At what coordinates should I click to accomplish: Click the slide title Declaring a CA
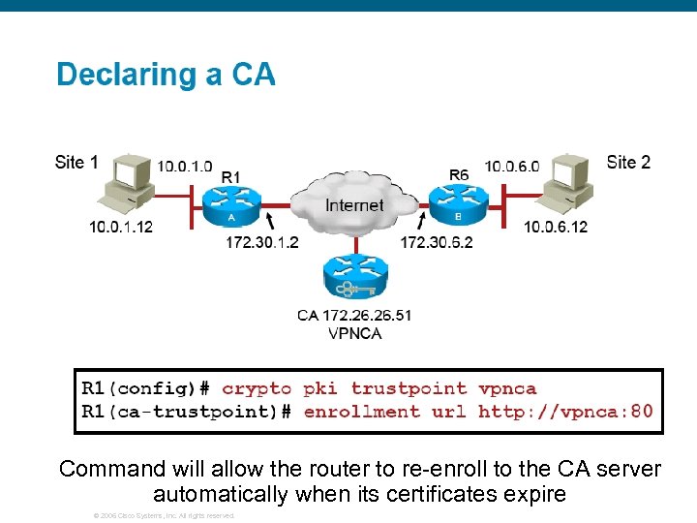coord(166,75)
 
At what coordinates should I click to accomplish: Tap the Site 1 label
coord(76,162)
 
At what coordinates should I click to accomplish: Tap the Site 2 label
coord(628,162)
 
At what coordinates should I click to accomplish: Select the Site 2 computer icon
coord(567,183)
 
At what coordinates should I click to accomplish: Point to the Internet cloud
coord(353,204)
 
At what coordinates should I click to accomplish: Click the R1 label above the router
coord(231,176)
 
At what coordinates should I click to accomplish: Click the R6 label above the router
coord(459,174)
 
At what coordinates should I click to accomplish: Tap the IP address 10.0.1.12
coord(121,227)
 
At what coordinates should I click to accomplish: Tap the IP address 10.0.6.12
coord(556,227)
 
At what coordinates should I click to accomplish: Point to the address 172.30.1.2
coord(262,242)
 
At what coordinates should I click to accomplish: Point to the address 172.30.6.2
coord(437,242)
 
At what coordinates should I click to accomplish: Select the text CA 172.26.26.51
coord(354,315)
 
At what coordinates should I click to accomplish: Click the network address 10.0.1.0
coord(185,166)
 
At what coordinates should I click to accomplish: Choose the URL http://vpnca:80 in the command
coord(565,412)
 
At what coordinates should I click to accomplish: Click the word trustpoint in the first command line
coord(408,388)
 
